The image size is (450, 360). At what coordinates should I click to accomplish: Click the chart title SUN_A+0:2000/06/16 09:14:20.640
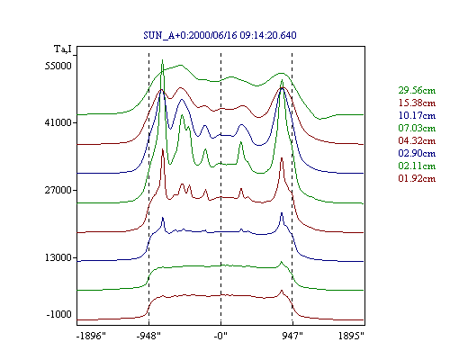(x=220, y=35)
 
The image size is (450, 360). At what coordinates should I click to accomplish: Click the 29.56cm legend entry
(x=417, y=90)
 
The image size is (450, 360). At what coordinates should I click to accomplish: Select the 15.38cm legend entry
(x=417, y=103)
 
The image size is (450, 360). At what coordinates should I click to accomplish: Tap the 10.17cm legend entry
(x=417, y=115)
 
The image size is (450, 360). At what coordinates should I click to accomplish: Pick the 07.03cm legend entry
(x=417, y=128)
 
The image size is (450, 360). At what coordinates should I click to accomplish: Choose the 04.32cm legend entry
(x=417, y=140)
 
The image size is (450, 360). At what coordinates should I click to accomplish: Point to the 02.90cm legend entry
(x=417, y=153)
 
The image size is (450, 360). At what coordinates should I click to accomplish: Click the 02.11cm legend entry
(x=417, y=166)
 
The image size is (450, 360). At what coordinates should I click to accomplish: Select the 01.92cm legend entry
(x=417, y=178)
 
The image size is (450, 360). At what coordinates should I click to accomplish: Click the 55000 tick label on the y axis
(x=58, y=66)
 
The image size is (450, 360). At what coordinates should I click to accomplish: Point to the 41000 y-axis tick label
(x=58, y=122)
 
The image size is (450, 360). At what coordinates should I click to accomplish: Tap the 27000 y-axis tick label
(x=58, y=190)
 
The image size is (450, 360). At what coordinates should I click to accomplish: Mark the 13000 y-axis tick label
(x=58, y=257)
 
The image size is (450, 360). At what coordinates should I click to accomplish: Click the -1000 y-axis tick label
(x=59, y=314)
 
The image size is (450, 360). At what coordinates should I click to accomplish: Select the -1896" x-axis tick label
(x=91, y=336)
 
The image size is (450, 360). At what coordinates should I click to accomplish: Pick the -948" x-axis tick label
(x=148, y=336)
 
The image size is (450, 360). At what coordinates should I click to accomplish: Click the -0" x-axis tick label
(x=220, y=336)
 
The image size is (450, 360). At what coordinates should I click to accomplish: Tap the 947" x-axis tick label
(x=292, y=336)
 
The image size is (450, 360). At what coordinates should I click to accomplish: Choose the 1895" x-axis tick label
(x=351, y=336)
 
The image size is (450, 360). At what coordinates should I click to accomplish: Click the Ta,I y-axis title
(x=63, y=49)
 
